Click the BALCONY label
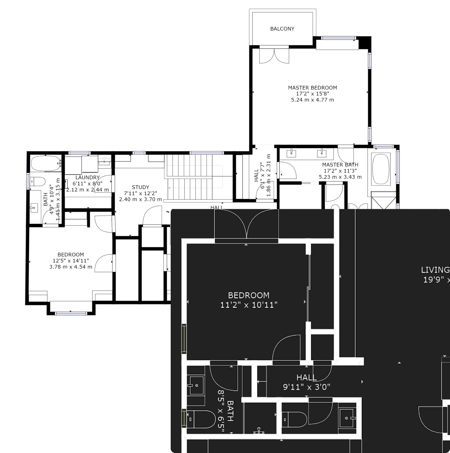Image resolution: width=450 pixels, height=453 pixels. pyautogui.click(x=282, y=29)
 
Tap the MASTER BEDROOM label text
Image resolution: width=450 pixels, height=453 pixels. pyautogui.click(x=312, y=88)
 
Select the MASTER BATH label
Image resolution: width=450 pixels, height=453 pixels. pyautogui.click(x=340, y=165)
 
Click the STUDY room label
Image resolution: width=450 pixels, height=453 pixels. pyautogui.click(x=140, y=187)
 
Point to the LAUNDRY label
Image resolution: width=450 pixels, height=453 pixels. pyautogui.click(x=87, y=177)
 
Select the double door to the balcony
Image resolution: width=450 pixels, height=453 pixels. pyautogui.click(x=274, y=55)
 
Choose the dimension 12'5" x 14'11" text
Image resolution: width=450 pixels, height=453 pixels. pyautogui.click(x=71, y=261)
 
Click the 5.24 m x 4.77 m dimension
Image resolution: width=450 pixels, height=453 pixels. pyautogui.click(x=312, y=100)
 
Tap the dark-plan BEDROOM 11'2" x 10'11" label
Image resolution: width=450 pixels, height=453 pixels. pyautogui.click(x=249, y=300)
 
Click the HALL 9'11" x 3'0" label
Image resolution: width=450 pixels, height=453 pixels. pyautogui.click(x=307, y=382)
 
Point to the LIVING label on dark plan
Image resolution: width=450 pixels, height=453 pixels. pyautogui.click(x=435, y=270)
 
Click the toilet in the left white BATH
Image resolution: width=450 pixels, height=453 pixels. pyautogui.click(x=37, y=181)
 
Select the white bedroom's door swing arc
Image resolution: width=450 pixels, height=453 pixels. pyautogui.click(x=103, y=263)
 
